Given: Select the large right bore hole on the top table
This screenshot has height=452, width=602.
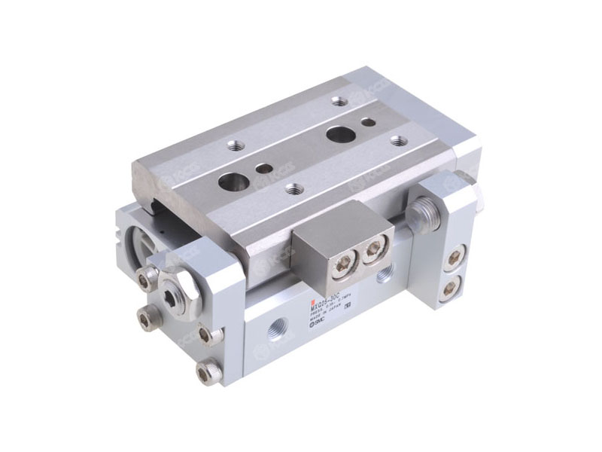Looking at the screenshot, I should (336, 135).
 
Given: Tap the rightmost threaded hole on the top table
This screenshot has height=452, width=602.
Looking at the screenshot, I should (399, 141).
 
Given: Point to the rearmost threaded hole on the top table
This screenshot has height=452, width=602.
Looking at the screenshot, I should (339, 101).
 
